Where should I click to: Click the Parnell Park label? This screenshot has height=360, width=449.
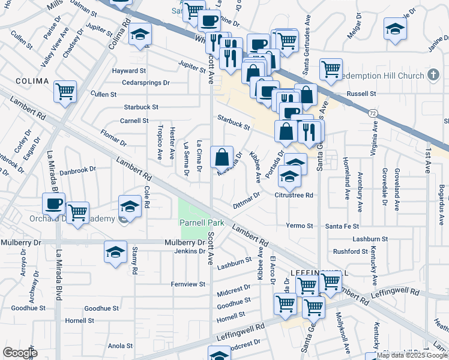click(202, 223)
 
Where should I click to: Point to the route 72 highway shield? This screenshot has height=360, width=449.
click(372, 113)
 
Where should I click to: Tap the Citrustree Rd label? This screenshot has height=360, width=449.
click(294, 195)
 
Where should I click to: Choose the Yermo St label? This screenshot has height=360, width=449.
click(300, 226)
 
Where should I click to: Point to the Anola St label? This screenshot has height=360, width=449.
click(120, 346)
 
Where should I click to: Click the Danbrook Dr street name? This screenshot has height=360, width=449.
click(77, 170)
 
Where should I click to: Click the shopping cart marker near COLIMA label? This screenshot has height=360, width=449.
click(65, 92)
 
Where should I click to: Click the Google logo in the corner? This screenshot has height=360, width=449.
click(20, 352)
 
